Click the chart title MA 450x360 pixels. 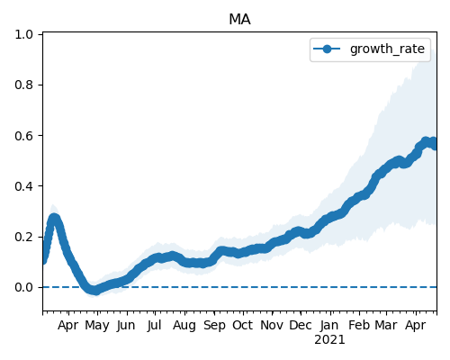click(x=239, y=20)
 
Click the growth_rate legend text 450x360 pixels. click(x=387, y=49)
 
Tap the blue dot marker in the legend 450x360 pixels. click(x=327, y=49)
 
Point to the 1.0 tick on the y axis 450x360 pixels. click(x=23, y=34)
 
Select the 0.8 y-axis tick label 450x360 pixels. click(x=23, y=85)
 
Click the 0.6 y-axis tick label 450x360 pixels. click(x=23, y=136)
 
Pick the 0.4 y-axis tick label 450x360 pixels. click(x=23, y=186)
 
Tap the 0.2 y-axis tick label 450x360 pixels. click(x=23, y=237)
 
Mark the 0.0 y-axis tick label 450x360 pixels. click(x=23, y=287)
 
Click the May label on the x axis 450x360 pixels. click(x=97, y=326)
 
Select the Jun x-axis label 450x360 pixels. click(x=126, y=326)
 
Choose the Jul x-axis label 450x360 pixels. click(x=155, y=326)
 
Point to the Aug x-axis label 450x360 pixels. click(x=184, y=326)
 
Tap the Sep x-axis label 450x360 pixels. click(x=214, y=326)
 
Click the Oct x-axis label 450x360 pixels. click(x=243, y=325)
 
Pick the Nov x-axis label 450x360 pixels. click(x=272, y=325)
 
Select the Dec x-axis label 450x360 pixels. click(x=301, y=325)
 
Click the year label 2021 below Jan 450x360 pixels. click(x=329, y=340)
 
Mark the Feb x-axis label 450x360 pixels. click(x=359, y=325)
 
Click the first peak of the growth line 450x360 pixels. click(x=54, y=218)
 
